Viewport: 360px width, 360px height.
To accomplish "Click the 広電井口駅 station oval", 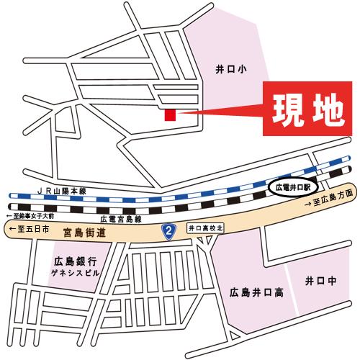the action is click(x=292, y=187).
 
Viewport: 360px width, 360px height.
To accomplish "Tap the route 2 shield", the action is click(x=169, y=231).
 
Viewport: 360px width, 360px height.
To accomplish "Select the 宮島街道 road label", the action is click(x=84, y=232).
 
